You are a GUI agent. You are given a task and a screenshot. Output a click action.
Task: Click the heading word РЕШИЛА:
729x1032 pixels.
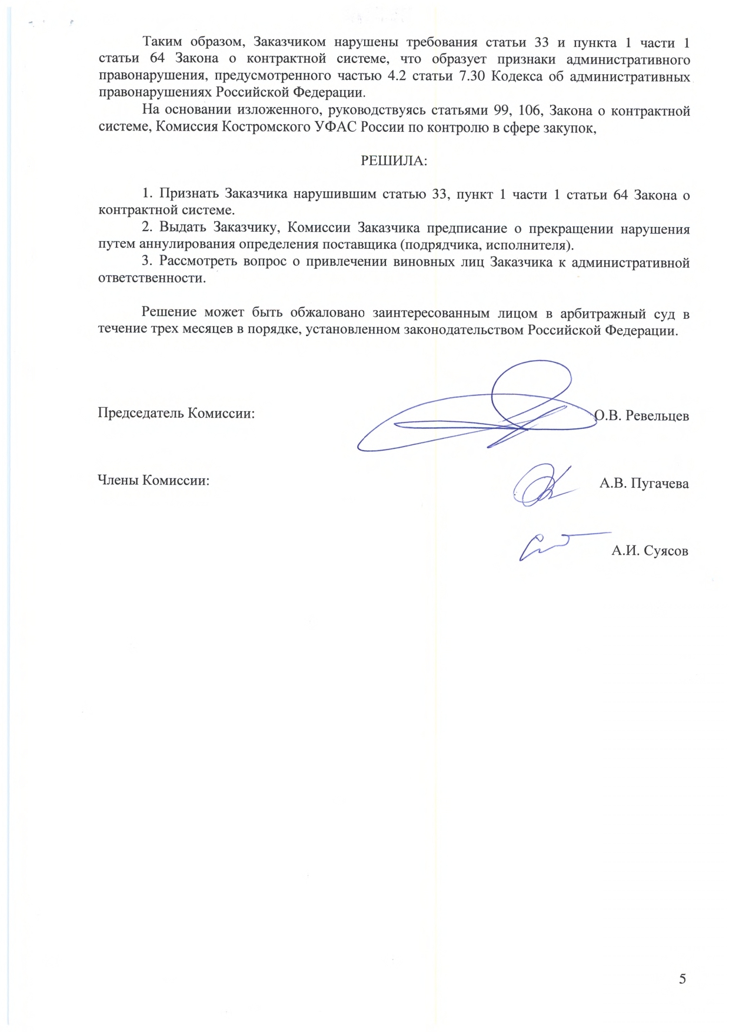tap(394, 161)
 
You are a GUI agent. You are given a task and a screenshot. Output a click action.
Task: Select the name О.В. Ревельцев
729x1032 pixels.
tap(642, 415)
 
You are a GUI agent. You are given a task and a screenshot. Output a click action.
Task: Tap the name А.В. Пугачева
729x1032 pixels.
tap(644, 484)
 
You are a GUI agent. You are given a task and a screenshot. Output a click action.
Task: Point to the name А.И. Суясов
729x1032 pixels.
tap(650, 551)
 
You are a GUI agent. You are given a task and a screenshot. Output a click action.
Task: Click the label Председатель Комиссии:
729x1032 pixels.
tap(176, 413)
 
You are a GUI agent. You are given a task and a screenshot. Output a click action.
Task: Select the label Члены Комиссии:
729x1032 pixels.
tap(154, 480)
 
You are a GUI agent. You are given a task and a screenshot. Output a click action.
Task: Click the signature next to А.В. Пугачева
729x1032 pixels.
tap(541, 486)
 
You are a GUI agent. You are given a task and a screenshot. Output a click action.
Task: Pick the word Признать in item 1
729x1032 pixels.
tap(189, 194)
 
